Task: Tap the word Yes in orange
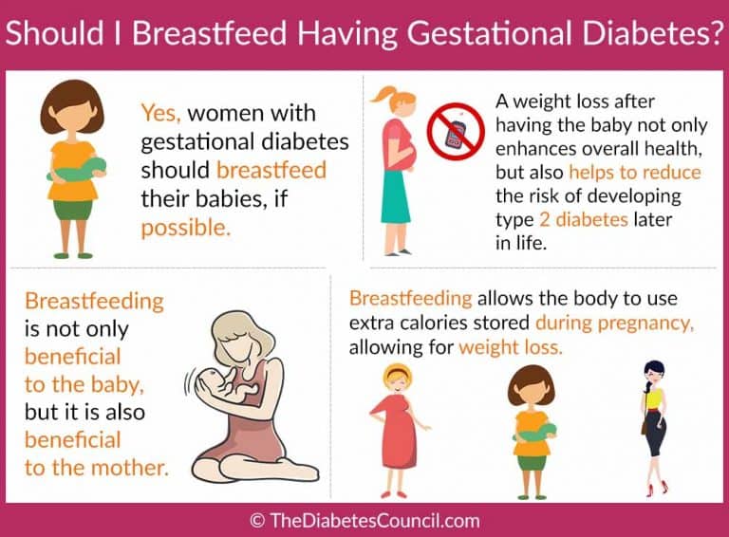[x=160, y=114]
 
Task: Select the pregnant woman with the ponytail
[x=396, y=171]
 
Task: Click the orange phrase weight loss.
[x=511, y=347]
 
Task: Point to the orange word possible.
[x=185, y=229]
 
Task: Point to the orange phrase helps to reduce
[x=635, y=173]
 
